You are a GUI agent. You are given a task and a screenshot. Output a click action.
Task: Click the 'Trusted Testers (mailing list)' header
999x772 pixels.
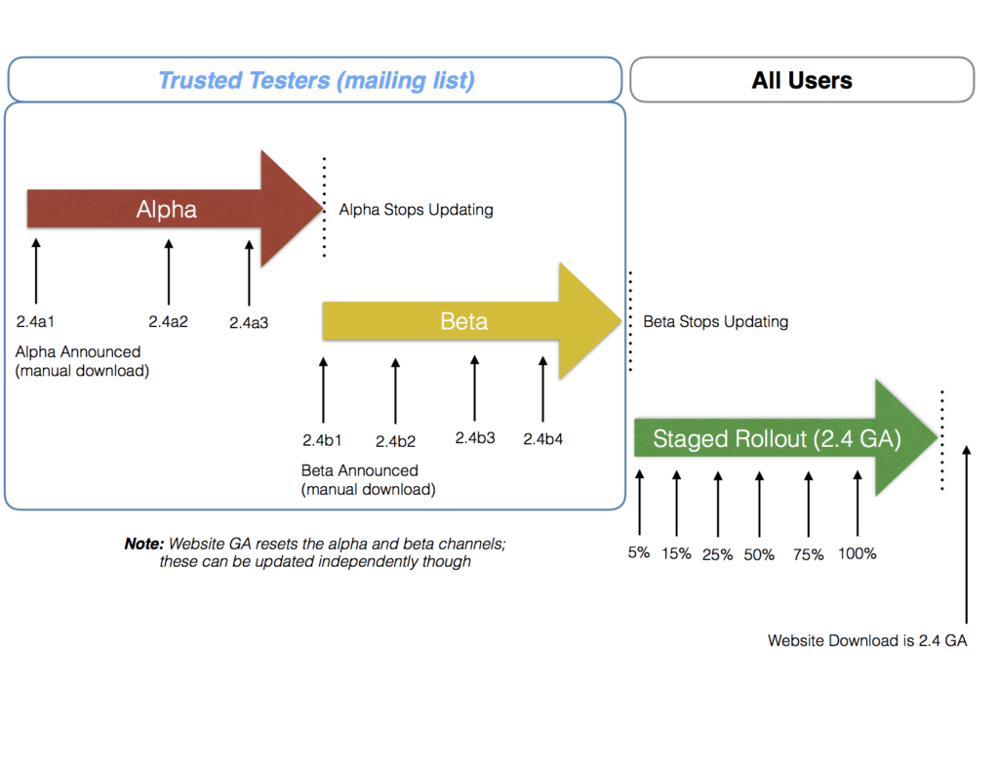pyautogui.click(x=315, y=80)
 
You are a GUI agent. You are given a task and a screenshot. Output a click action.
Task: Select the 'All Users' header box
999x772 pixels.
pyautogui.click(x=802, y=80)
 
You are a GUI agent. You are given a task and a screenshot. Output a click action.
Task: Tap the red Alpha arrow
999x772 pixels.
pyautogui.click(x=175, y=209)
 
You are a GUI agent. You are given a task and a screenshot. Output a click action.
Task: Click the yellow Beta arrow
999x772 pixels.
pyautogui.click(x=471, y=321)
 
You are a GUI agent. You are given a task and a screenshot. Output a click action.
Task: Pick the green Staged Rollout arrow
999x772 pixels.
pyautogui.click(x=785, y=438)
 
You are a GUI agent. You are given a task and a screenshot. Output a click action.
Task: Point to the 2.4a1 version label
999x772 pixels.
pyautogui.click(x=35, y=322)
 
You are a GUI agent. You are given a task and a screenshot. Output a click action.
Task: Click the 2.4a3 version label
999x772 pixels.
pyautogui.click(x=249, y=323)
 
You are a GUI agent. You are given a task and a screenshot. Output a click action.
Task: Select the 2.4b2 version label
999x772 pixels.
pyautogui.click(x=395, y=441)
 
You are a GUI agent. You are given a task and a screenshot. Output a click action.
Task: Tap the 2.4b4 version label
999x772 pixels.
pyautogui.click(x=542, y=439)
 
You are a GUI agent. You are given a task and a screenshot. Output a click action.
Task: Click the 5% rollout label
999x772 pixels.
pyautogui.click(x=639, y=552)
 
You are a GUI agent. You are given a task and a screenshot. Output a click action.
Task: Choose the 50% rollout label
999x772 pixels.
pyautogui.click(x=759, y=554)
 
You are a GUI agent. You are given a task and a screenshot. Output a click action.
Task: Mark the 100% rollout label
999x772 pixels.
pyautogui.click(x=857, y=553)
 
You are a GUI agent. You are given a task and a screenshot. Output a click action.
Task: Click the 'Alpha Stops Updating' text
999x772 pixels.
pyautogui.click(x=416, y=210)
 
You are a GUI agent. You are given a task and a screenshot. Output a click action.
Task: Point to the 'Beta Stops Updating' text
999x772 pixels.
pyautogui.click(x=715, y=322)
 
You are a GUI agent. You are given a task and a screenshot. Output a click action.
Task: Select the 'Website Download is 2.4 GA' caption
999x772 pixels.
pyautogui.click(x=867, y=640)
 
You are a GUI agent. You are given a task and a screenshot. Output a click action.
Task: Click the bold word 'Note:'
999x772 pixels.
pyautogui.click(x=144, y=544)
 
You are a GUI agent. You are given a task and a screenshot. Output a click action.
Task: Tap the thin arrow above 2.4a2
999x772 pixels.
pyautogui.click(x=169, y=272)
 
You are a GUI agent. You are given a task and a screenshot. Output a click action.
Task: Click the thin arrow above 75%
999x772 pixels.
pyautogui.click(x=809, y=505)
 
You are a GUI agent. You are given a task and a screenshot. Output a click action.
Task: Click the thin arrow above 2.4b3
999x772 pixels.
pyautogui.click(x=475, y=388)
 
